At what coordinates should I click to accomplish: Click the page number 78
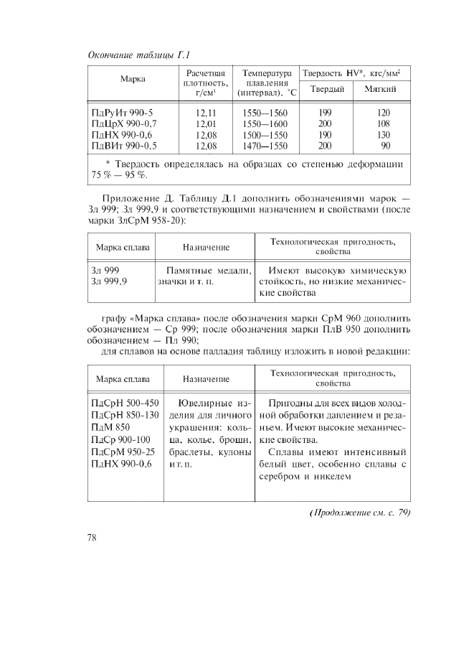(93, 536)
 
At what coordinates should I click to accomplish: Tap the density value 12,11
(206, 113)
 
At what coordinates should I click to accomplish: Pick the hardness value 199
(324, 113)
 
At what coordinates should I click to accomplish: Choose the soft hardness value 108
(384, 123)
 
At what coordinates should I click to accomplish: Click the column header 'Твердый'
(327, 90)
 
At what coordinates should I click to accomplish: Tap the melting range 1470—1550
(265, 145)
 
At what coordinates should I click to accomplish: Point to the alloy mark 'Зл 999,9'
(108, 282)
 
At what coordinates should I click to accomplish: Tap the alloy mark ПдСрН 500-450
(125, 402)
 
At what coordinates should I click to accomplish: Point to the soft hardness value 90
(385, 145)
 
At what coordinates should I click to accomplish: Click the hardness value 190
(324, 134)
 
